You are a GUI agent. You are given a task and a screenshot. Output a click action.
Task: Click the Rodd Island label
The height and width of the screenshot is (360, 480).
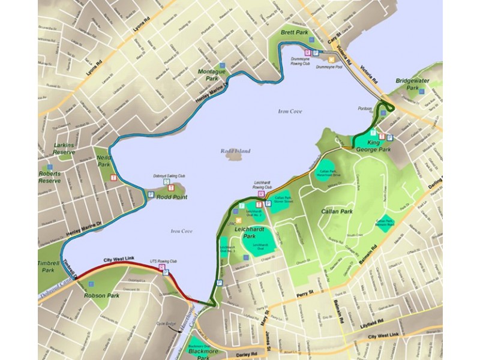coord(235,151)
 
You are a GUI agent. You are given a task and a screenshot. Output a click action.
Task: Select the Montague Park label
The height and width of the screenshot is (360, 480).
coord(211,74)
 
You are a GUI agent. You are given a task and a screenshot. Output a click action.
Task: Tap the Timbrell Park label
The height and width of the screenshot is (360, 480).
coord(48,266)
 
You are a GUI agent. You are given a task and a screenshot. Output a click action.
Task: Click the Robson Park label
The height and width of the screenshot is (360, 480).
coord(103,296)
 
